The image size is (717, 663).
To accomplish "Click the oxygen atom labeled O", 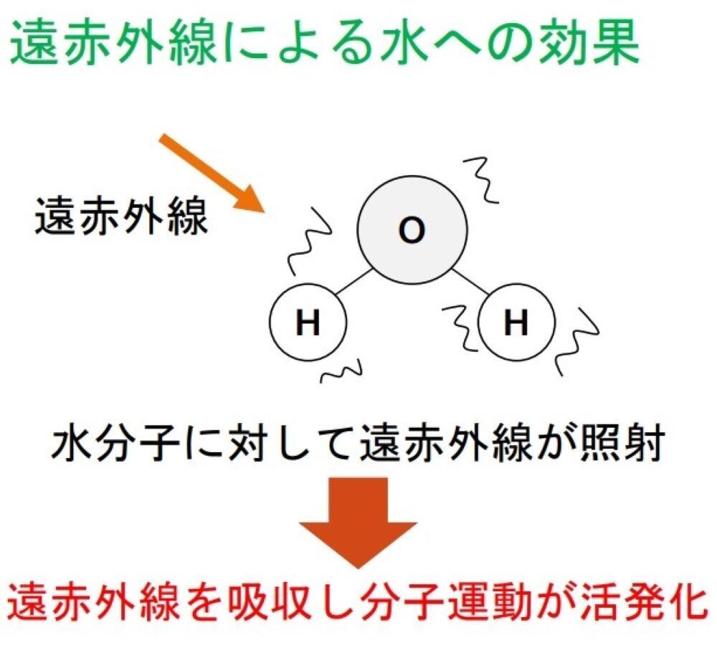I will [412, 231].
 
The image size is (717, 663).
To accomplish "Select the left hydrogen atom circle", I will [308, 324].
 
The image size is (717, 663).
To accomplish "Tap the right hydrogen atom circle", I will [516, 324].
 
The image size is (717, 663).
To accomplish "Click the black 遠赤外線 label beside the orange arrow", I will [121, 216].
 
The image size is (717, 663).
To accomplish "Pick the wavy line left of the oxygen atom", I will [308, 240].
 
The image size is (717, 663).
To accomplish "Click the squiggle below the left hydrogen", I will [342, 371].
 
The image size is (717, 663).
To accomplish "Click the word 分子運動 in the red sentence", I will [455, 601].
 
